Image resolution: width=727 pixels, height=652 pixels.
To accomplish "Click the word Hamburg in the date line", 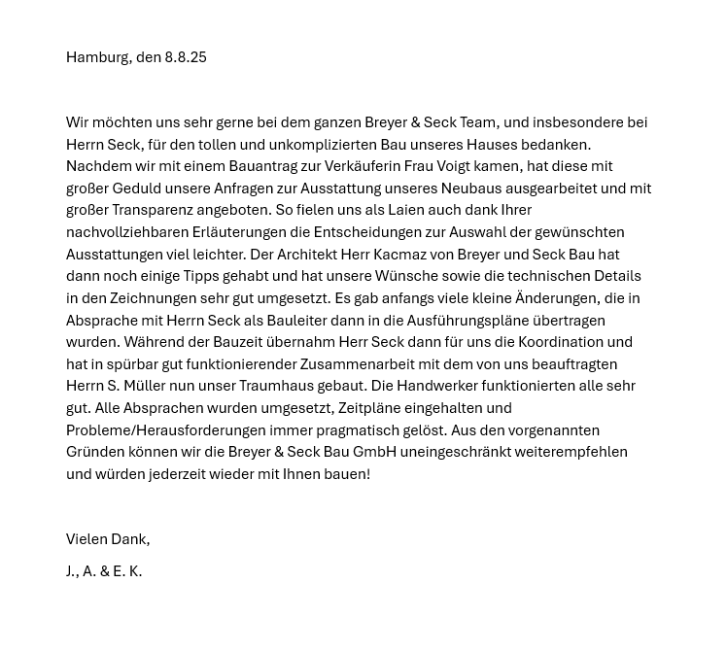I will point(97,57).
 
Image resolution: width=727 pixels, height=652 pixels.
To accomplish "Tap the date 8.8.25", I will point(186,57).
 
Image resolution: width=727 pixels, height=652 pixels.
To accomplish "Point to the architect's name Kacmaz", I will point(399,255).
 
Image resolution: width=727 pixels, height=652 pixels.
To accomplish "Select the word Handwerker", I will point(436,386).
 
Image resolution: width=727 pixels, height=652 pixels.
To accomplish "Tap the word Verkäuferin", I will point(364,166).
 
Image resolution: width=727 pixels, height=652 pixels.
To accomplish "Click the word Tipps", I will point(202,276).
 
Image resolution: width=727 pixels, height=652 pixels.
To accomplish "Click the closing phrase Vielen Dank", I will point(107,539).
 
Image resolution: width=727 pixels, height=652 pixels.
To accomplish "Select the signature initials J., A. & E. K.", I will point(104,571).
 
